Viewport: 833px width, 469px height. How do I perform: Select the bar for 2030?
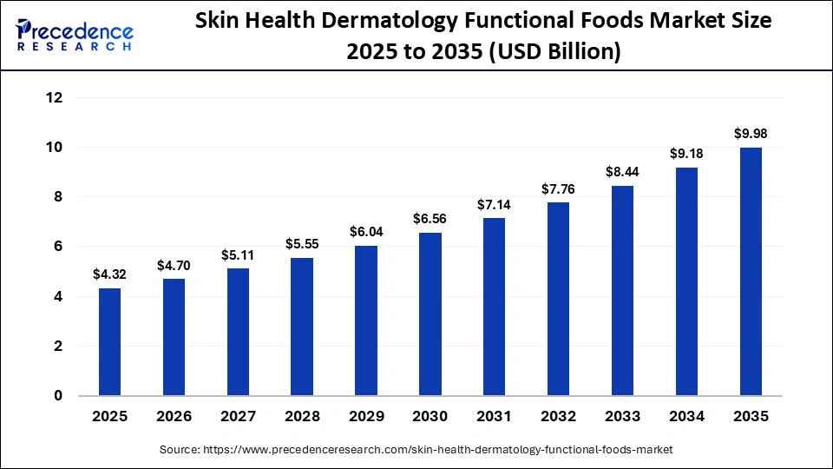click(x=430, y=314)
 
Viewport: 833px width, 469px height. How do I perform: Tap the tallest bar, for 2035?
click(x=751, y=271)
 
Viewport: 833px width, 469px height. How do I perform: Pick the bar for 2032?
click(x=558, y=299)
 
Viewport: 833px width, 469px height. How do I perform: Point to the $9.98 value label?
click(x=751, y=134)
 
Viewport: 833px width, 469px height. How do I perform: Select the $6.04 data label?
click(x=366, y=232)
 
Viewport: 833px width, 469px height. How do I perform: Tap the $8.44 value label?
click(x=622, y=172)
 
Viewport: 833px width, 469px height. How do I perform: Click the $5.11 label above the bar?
click(x=238, y=255)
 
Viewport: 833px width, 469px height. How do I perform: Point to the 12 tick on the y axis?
click(x=54, y=98)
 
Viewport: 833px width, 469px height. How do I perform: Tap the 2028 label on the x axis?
click(x=302, y=417)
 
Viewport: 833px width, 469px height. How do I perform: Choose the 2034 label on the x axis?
click(x=686, y=417)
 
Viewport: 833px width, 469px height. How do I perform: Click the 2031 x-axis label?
click(x=494, y=417)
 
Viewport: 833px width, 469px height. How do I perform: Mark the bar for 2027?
click(x=238, y=332)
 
